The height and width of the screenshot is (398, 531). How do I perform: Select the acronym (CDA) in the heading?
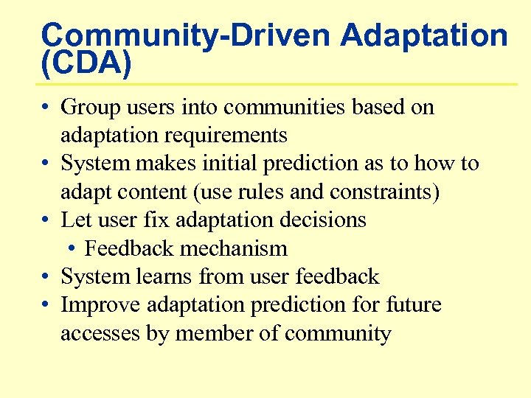tap(86, 64)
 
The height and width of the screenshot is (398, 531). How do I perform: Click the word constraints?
tap(384, 192)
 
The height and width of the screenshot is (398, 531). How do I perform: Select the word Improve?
tap(102, 305)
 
